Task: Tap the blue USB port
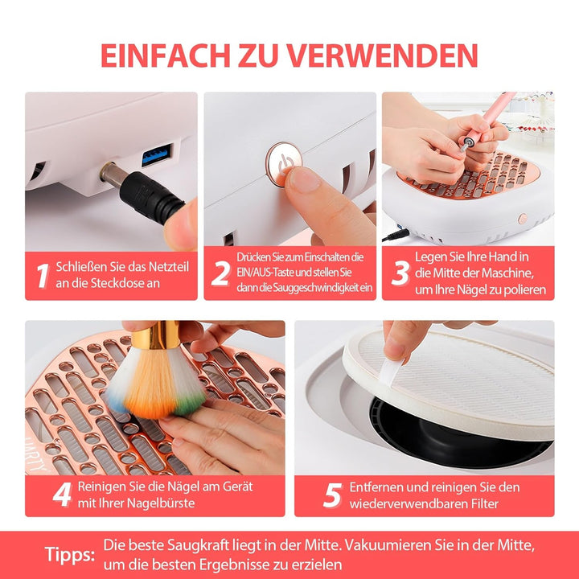click(x=157, y=154)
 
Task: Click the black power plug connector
click(x=151, y=198)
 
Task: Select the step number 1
click(x=43, y=276)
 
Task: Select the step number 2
click(x=221, y=273)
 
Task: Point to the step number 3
click(x=400, y=273)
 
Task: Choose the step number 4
click(x=62, y=495)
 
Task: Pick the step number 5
click(x=332, y=495)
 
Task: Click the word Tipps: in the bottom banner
click(x=70, y=555)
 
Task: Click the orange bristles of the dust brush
click(x=152, y=384)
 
